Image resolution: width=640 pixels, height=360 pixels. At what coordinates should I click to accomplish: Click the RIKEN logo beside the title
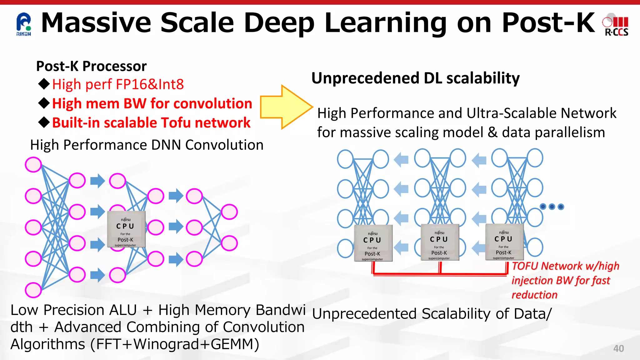[x=23, y=24]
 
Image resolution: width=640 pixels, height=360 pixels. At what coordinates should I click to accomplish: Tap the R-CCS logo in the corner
[x=616, y=26]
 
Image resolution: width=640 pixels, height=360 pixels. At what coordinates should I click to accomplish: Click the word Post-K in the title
[x=548, y=22]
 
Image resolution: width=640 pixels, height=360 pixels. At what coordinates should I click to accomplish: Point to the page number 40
[x=618, y=348]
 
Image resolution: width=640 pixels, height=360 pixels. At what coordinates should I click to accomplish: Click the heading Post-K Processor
[x=91, y=66]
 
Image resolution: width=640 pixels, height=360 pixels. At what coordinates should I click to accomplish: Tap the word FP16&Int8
[x=150, y=84]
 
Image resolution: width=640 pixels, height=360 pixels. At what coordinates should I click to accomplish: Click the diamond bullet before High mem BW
[x=44, y=103]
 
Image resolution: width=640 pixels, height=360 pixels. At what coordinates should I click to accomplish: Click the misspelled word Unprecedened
[x=365, y=78]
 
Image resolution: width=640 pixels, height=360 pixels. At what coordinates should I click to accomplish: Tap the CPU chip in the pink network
[x=126, y=229]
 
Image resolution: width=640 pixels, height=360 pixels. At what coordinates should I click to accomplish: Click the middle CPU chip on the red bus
[x=439, y=242]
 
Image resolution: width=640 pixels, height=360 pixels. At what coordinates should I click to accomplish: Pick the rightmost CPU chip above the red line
[x=504, y=242]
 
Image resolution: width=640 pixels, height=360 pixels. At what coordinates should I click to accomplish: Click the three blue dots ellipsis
[x=552, y=207]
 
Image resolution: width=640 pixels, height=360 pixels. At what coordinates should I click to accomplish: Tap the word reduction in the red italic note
[x=534, y=295]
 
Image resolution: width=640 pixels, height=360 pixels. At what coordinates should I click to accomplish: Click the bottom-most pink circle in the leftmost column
[x=33, y=290]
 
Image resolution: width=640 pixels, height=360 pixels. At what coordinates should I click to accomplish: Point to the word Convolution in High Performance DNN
[x=224, y=145]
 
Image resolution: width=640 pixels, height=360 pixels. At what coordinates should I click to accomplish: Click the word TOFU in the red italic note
[x=525, y=266]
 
